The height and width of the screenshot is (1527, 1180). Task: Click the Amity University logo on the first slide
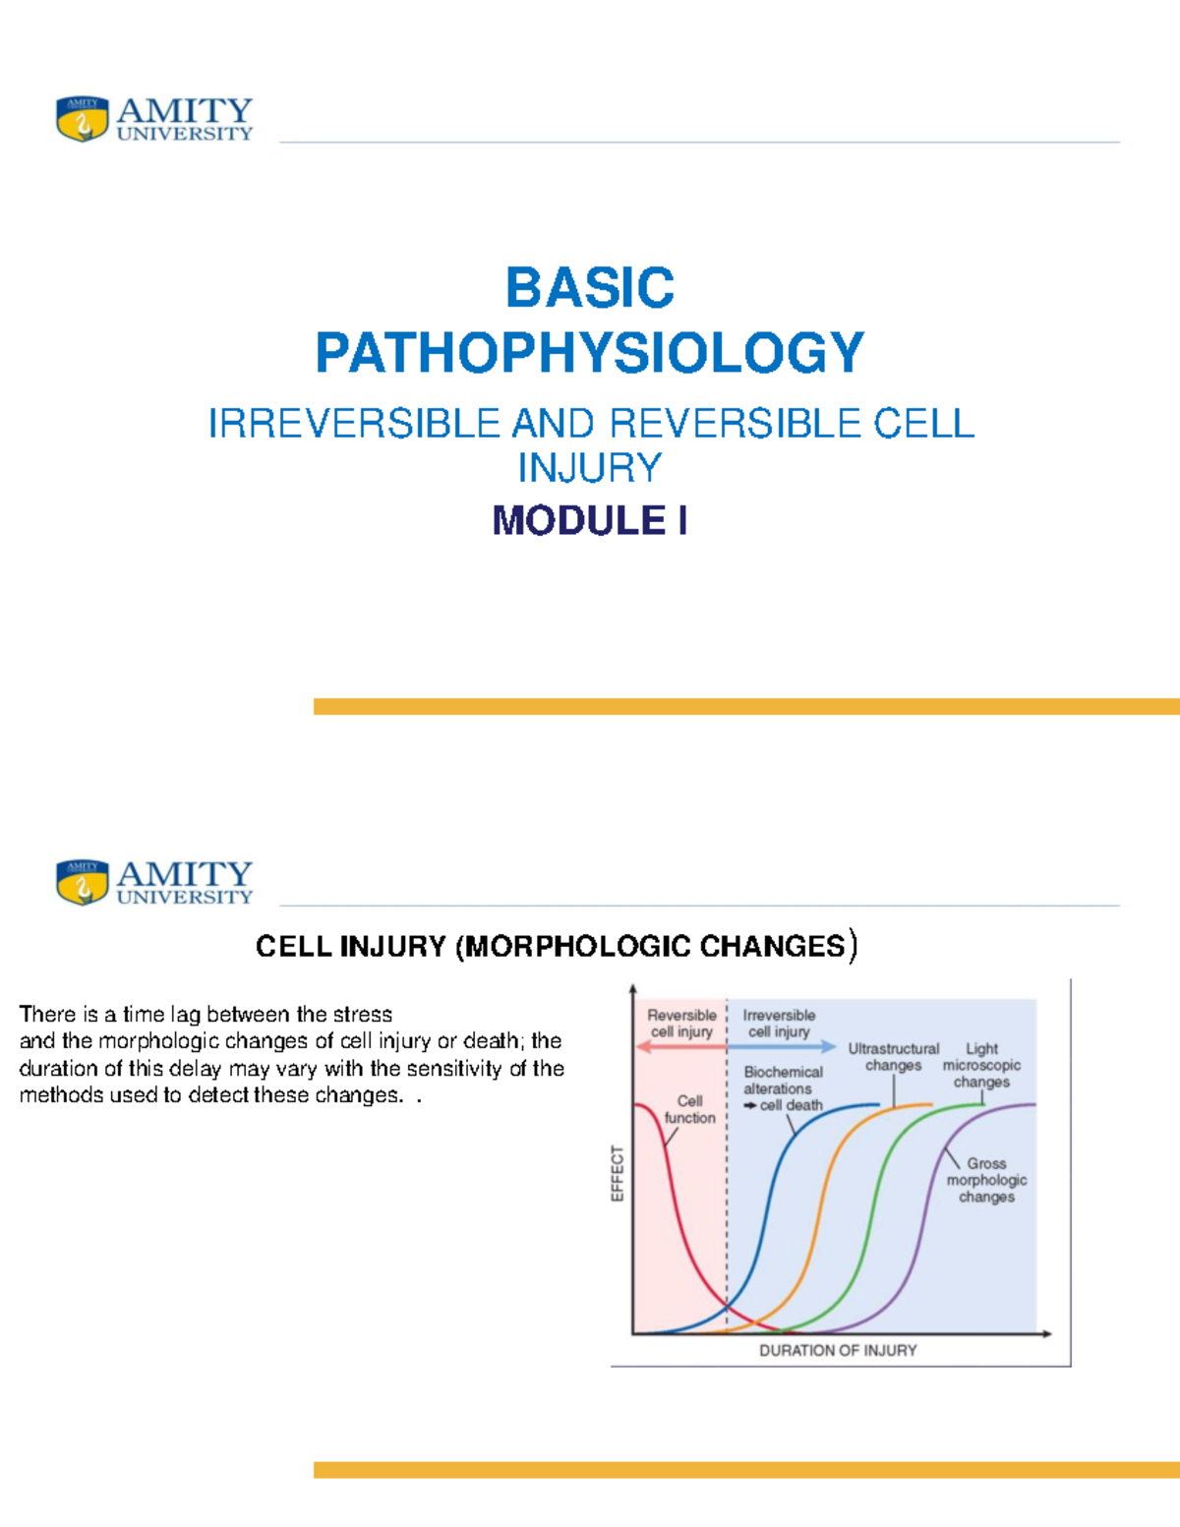(x=154, y=119)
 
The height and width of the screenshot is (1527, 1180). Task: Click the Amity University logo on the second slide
(x=154, y=882)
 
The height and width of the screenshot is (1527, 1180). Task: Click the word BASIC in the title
(x=589, y=288)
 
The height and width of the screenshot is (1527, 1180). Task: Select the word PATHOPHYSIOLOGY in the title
(x=589, y=353)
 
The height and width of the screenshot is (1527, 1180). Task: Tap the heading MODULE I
(x=589, y=520)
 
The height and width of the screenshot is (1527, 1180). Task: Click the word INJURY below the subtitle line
(x=589, y=467)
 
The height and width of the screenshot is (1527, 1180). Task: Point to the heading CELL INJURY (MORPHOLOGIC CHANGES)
(x=556, y=946)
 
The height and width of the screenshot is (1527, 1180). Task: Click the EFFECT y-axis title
(x=618, y=1173)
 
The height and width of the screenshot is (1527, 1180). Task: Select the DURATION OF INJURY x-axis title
(x=837, y=1351)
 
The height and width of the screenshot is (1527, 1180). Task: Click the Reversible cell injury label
(x=681, y=1024)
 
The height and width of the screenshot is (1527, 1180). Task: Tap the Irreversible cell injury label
(x=779, y=1024)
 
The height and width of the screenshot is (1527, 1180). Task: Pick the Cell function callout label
(x=689, y=1109)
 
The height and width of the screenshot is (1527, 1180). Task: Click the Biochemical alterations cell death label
(x=783, y=1088)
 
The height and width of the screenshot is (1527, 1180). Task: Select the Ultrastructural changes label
(x=893, y=1057)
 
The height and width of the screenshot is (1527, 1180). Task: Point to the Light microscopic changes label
(x=981, y=1066)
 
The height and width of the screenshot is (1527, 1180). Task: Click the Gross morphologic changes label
(x=986, y=1180)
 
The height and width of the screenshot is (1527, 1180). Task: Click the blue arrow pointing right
(x=783, y=1047)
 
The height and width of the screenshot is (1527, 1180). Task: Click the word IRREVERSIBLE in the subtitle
(x=354, y=424)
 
